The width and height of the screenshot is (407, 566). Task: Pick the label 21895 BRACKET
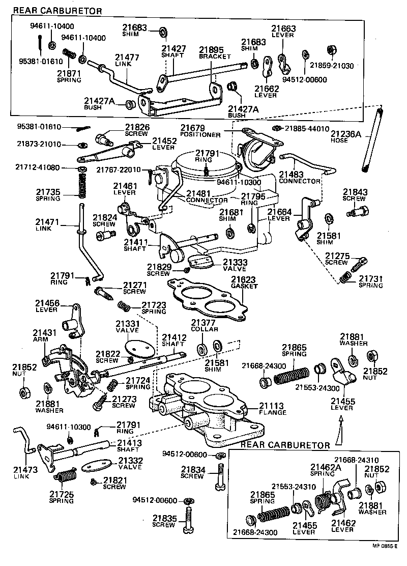point(214,53)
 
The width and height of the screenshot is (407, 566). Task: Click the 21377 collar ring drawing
point(201,349)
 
